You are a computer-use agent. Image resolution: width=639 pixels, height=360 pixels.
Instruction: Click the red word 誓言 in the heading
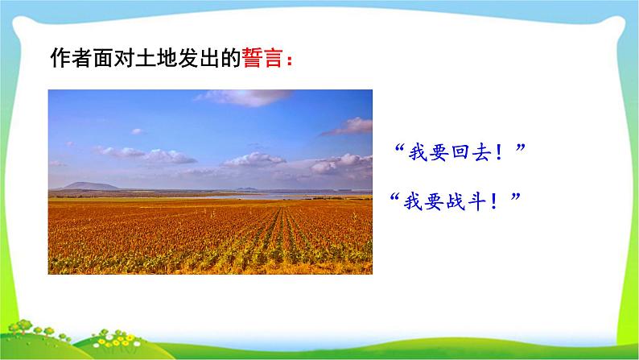[263, 60]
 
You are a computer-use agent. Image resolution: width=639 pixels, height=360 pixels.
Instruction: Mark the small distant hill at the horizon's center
[245, 190]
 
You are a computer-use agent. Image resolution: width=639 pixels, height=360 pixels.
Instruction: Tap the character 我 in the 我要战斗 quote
[410, 200]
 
